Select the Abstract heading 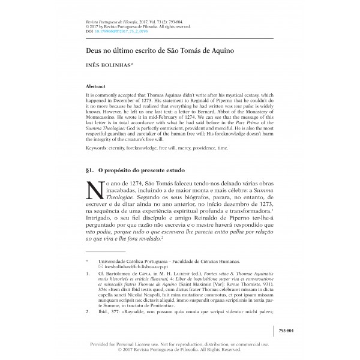(x=97, y=86)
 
